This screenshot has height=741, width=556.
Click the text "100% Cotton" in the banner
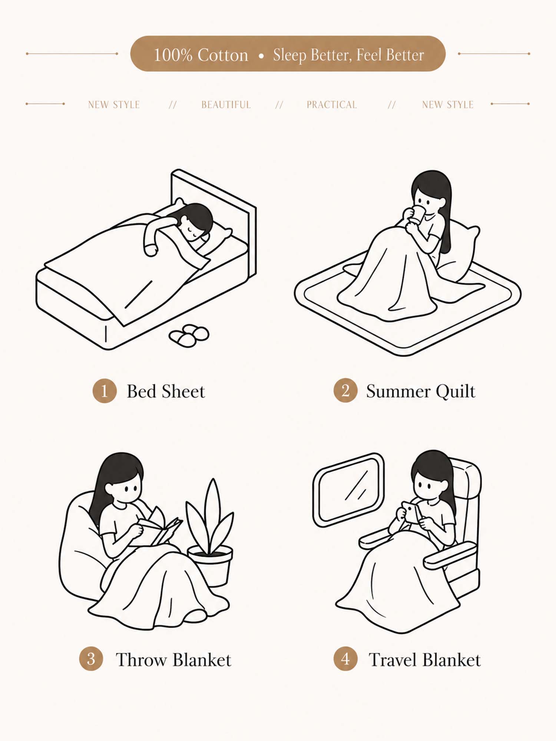pyautogui.click(x=201, y=55)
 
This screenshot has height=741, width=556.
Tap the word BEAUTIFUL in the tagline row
pyautogui.click(x=226, y=105)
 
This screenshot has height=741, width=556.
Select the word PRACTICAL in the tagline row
pyautogui.click(x=332, y=105)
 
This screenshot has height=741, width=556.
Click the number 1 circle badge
pyautogui.click(x=105, y=391)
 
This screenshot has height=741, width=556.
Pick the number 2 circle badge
pyautogui.click(x=345, y=391)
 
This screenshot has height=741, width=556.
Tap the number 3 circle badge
pyautogui.click(x=91, y=659)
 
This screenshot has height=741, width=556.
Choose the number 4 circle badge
pyautogui.click(x=345, y=659)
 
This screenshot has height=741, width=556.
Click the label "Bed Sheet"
pyautogui.click(x=166, y=391)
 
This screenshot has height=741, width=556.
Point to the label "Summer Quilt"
pyautogui.click(x=421, y=392)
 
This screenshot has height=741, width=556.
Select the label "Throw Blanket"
pyautogui.click(x=173, y=660)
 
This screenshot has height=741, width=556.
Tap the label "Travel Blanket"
pyautogui.click(x=425, y=660)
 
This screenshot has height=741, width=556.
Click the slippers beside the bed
pyautogui.click(x=189, y=336)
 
